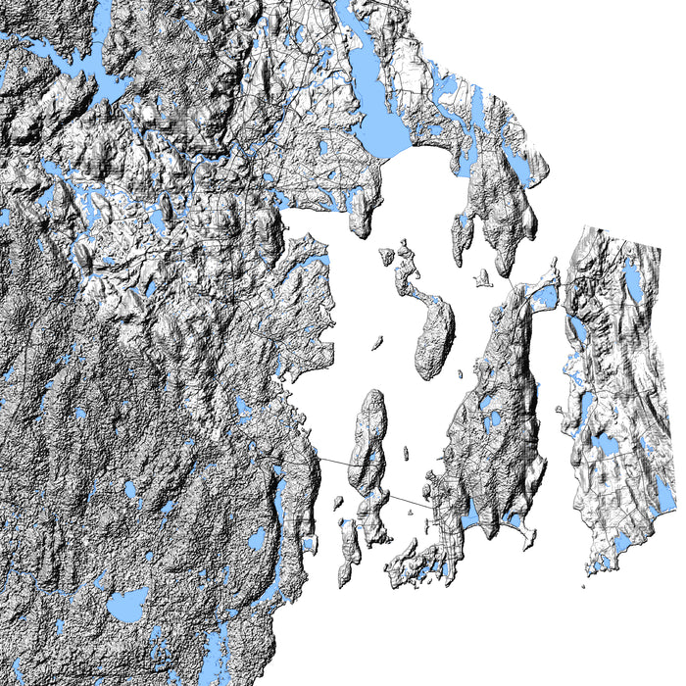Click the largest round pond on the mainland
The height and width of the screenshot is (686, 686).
(x=127, y=605)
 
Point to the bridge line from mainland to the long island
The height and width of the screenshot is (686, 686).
(x=332, y=459)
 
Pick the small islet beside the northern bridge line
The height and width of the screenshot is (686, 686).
(x=481, y=279)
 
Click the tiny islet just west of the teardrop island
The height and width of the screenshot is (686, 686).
(x=375, y=343)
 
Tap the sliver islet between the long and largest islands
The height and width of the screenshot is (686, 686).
(x=406, y=453)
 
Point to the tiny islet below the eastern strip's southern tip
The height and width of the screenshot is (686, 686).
(x=583, y=587)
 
